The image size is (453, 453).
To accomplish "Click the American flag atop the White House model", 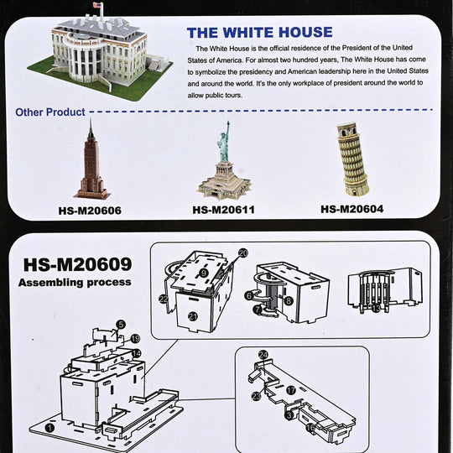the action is [x=98, y=5].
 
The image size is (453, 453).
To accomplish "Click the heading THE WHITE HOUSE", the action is [x=260, y=33].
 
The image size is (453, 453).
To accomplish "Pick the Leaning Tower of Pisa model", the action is [x=351, y=159].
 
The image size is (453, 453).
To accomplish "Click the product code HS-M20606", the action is [x=90, y=211].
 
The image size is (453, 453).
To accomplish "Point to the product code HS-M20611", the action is [x=224, y=210].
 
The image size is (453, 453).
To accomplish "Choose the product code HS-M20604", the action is [x=351, y=209].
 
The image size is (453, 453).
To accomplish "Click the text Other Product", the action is [x=50, y=112].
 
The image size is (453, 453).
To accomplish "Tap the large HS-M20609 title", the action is [x=77, y=264].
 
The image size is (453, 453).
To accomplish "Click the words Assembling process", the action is [x=75, y=282].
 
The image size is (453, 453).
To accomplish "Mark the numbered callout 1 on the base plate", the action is [x=50, y=428].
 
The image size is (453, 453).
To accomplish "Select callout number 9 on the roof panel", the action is [x=204, y=273].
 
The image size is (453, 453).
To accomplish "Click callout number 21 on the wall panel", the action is [x=193, y=316].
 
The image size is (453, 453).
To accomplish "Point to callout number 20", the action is [x=243, y=253].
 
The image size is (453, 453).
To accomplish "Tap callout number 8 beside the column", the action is [x=289, y=301].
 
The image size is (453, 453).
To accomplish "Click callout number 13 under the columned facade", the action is [x=376, y=309].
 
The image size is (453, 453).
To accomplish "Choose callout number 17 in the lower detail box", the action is [x=291, y=390].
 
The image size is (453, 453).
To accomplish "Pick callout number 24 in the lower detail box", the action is [x=263, y=355].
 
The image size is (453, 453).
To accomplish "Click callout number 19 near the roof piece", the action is [x=135, y=338].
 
